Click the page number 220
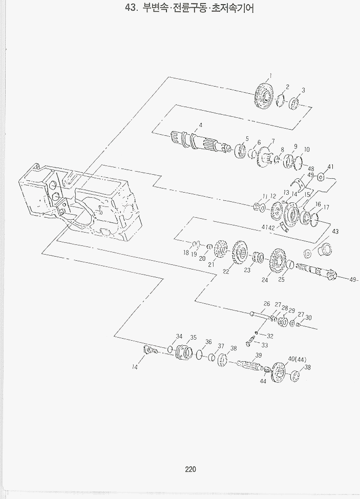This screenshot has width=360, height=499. (190, 469)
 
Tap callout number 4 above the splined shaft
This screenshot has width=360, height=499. (200, 126)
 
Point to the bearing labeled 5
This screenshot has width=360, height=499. (241, 150)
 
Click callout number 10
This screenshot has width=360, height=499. (307, 149)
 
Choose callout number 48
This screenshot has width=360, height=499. (311, 169)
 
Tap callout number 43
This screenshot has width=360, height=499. (335, 232)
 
